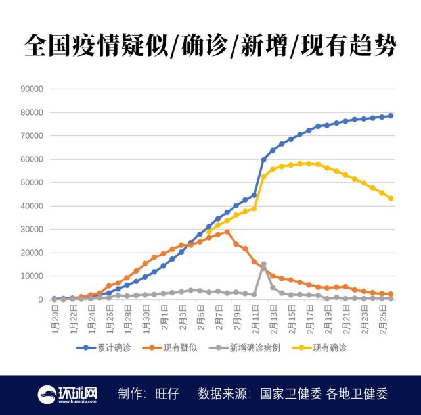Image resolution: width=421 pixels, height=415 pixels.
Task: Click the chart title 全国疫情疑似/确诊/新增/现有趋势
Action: pyautogui.click(x=210, y=47)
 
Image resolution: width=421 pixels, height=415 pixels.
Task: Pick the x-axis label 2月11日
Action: pyautogui.click(x=255, y=319)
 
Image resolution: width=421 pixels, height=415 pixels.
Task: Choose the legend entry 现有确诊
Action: pyautogui.click(x=329, y=347)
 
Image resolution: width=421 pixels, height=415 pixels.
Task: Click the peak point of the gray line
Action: pyautogui.click(x=263, y=264)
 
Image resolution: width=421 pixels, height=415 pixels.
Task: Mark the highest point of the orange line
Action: pyautogui.click(x=227, y=232)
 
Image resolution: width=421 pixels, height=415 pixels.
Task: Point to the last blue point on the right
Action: pyautogui.click(x=390, y=116)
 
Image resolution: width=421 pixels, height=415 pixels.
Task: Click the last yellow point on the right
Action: pyautogui.click(x=390, y=198)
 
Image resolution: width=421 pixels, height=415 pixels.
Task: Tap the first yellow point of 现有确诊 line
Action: pyautogui.click(x=209, y=232)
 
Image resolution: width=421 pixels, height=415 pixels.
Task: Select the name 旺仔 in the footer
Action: pyautogui.click(x=166, y=393)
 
